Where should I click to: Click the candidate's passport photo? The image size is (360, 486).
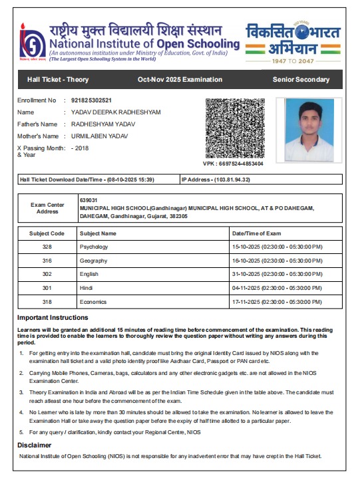pyautogui.click(x=309, y=130)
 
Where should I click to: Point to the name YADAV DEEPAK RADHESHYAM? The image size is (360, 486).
pyautogui.click(x=116, y=112)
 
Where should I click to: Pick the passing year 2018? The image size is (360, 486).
pyautogui.click(x=81, y=148)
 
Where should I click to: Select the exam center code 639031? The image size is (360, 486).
pyautogui.click(x=89, y=200)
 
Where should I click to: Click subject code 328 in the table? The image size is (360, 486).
pyautogui.click(x=47, y=247)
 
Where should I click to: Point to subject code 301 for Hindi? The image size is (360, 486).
pyautogui.click(x=47, y=287)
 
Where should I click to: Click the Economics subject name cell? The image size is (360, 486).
pyautogui.click(x=93, y=301)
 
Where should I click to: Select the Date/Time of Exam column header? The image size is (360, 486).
pyautogui.click(x=256, y=233)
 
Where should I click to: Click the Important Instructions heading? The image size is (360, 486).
pyautogui.click(x=53, y=317)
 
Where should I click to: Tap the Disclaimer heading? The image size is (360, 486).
pyautogui.click(x=33, y=444)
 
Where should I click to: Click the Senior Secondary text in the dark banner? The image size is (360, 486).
pyautogui.click(x=301, y=80)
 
